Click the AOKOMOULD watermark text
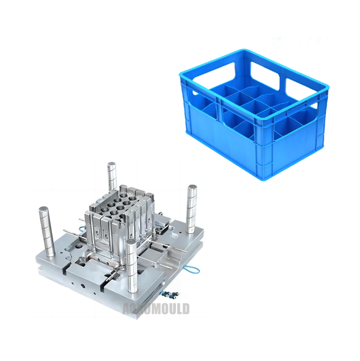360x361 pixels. click(156, 308)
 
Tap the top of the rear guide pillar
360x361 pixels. click(111, 166)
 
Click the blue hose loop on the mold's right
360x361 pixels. click(192, 270)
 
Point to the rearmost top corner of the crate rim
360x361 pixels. click(242, 52)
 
